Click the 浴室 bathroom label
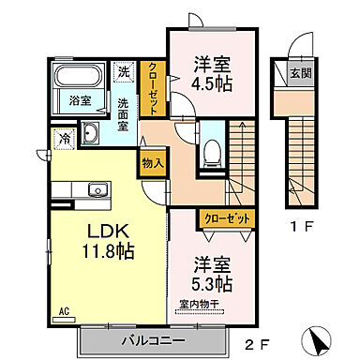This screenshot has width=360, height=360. (78, 100)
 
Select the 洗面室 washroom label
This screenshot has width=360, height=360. (124, 112)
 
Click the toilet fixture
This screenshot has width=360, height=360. (212, 153)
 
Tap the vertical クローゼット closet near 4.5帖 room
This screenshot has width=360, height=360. (154, 88)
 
